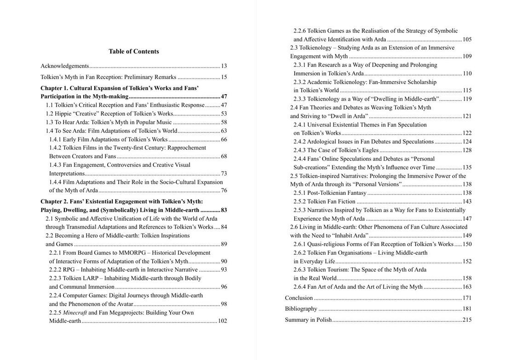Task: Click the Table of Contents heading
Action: [134, 51]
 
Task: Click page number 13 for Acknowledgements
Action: [224, 66]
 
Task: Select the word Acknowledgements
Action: [64, 66]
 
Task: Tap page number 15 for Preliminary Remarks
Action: [224, 77]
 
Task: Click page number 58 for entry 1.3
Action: [224, 122]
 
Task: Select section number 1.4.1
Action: [55, 139]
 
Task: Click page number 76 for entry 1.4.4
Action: [224, 190]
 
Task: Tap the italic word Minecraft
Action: [75, 313]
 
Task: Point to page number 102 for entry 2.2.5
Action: [222, 321]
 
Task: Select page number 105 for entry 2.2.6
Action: [467, 40]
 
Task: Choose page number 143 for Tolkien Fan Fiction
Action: [467, 201]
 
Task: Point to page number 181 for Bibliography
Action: [467, 309]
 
